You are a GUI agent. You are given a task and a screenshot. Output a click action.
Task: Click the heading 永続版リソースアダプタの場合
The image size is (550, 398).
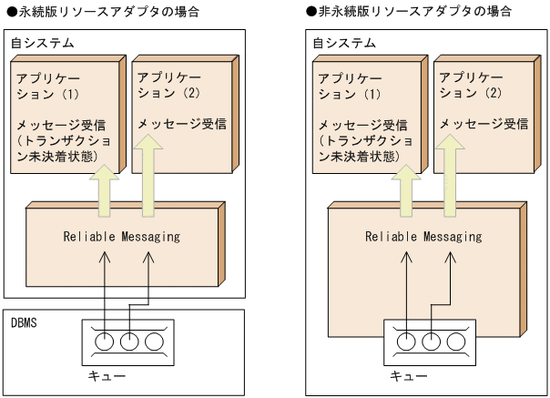[107, 12]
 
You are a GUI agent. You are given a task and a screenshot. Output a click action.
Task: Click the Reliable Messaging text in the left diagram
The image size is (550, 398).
[122, 237]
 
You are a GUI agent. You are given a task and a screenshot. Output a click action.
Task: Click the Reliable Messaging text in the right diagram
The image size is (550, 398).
[423, 237]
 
